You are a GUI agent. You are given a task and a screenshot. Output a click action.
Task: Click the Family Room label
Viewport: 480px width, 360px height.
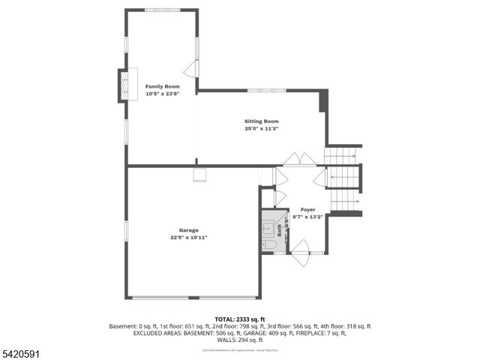tap(163, 87)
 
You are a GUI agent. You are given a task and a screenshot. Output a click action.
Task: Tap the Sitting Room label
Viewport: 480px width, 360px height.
tap(261, 121)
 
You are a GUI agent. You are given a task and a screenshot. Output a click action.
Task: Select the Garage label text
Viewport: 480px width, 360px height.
tap(188, 230)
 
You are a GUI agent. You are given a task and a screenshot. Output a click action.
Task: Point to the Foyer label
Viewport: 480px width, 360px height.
tap(308, 209)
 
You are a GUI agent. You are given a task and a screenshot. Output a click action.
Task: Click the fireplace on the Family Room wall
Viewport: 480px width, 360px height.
tap(124, 85)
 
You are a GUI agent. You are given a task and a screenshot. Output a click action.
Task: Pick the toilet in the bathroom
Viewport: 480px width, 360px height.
tap(269, 244)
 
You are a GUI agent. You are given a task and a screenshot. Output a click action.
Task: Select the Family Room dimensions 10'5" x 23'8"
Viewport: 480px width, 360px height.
tap(163, 94)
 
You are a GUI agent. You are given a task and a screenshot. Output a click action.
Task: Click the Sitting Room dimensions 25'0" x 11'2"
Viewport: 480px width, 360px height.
tap(261, 129)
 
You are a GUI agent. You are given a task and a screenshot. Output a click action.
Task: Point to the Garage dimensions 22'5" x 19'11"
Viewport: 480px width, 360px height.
tap(188, 238)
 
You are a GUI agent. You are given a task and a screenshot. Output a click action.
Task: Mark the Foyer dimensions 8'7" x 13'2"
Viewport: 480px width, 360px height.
tap(308, 217)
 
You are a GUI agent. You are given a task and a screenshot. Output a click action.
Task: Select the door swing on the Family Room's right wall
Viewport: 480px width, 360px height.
tap(191, 69)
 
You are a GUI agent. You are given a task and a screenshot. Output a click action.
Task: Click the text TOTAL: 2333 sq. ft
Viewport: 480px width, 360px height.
tap(239, 319)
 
